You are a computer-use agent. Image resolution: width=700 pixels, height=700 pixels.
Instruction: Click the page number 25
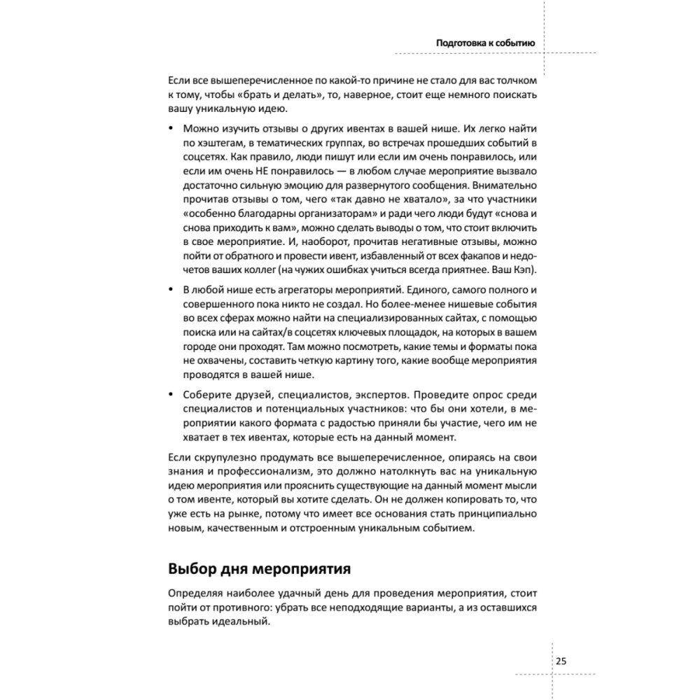(x=561, y=661)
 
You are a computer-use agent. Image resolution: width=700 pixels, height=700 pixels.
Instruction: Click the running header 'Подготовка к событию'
(x=485, y=43)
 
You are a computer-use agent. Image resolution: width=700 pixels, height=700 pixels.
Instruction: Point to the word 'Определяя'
(x=195, y=591)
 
